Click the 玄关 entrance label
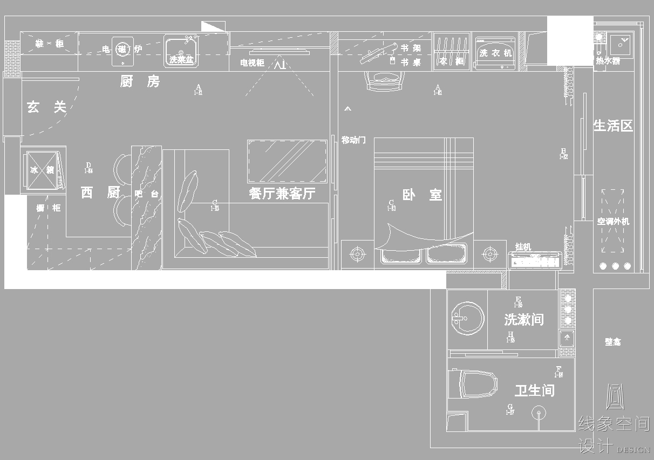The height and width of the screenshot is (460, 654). [x=46, y=107]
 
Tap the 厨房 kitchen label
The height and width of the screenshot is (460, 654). [x=140, y=82]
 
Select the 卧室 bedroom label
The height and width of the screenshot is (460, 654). [x=422, y=195]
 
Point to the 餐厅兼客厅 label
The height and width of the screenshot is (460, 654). [x=282, y=194]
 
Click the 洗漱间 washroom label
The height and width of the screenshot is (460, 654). [x=523, y=319]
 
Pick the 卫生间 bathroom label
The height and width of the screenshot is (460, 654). [x=534, y=390]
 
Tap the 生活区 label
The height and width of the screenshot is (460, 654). [x=613, y=126]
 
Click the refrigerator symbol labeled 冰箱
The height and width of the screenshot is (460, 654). [x=42, y=170]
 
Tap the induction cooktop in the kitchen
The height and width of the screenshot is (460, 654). [x=122, y=50]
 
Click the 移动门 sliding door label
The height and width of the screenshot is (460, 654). [x=353, y=140]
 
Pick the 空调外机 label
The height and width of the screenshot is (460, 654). [x=613, y=221]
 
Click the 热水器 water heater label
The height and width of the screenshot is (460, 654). [x=608, y=61]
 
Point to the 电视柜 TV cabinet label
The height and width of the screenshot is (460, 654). [x=252, y=63]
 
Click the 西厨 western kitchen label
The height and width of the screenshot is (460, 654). [x=100, y=193]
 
